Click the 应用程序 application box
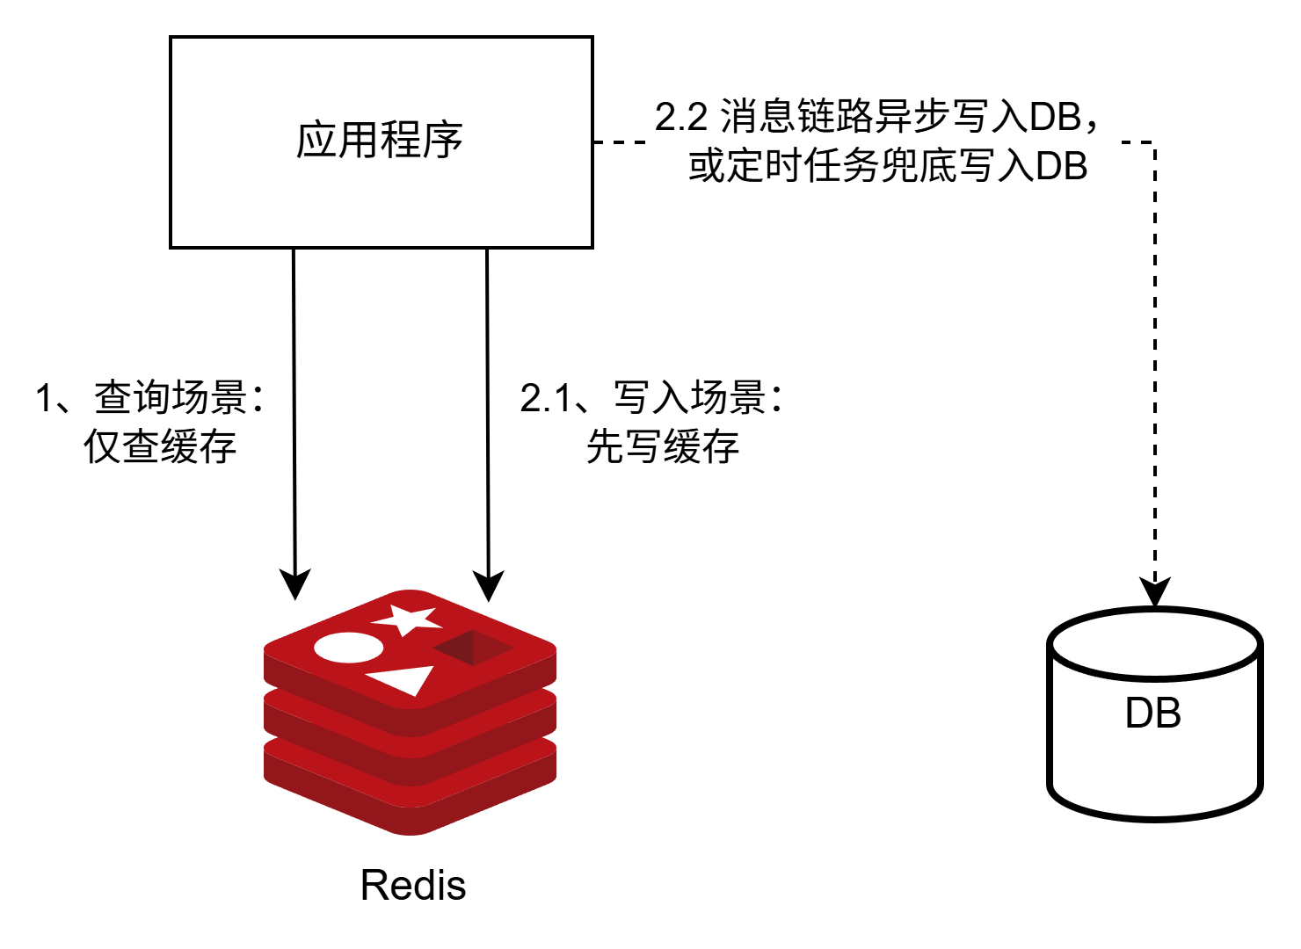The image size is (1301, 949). [381, 141]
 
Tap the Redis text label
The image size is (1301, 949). [413, 885]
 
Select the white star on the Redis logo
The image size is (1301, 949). [407, 619]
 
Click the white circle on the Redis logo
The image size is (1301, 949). [348, 648]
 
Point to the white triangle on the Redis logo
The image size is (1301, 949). [403, 679]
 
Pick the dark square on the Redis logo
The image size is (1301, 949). [472, 648]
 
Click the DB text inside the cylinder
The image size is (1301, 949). [1152, 713]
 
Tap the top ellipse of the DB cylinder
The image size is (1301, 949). [1154, 645]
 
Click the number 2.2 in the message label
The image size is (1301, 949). [681, 117]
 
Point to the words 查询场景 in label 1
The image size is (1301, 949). [171, 397]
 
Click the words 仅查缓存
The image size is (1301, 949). [160, 446]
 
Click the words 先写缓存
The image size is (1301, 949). [662, 446]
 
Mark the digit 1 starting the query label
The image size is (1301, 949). [45, 398]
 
